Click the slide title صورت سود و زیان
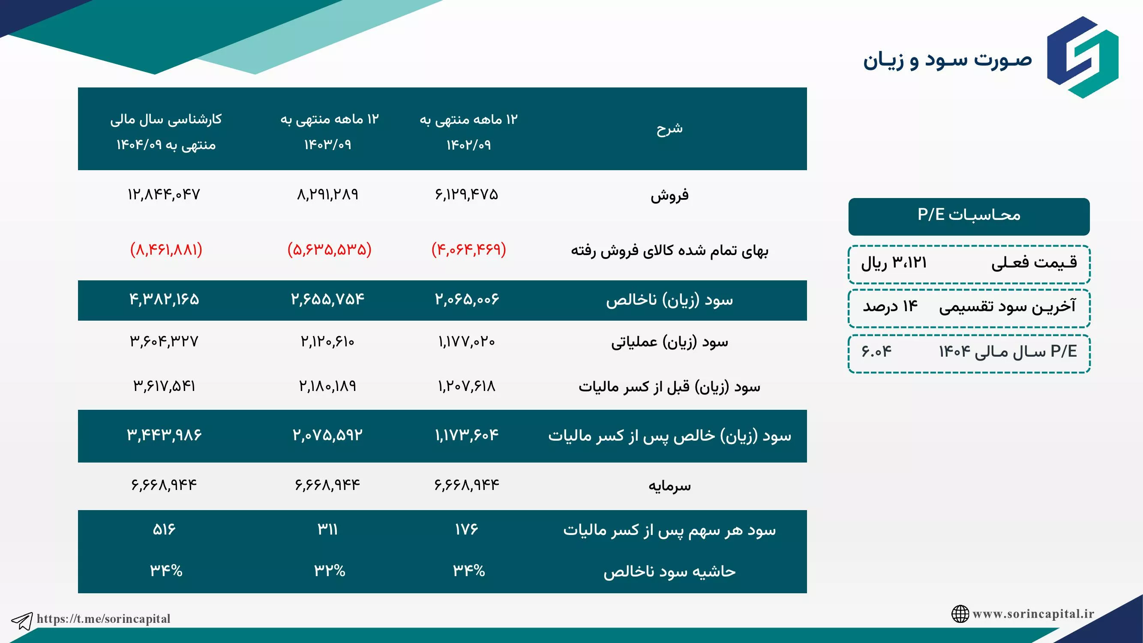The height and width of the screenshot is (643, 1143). point(947,60)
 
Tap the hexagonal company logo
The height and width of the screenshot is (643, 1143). point(1083,57)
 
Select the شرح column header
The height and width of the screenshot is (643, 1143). point(669,129)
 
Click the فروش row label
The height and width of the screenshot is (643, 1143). point(669,195)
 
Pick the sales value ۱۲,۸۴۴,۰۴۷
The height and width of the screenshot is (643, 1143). point(164,194)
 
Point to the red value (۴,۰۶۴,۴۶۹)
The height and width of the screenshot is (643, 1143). point(468,249)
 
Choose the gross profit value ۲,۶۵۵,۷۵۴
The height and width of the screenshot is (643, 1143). point(327,299)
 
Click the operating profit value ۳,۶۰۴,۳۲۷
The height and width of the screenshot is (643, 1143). point(164,341)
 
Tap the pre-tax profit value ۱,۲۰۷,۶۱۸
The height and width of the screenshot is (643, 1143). point(467,386)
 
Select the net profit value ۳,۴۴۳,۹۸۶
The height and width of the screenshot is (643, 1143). point(164,435)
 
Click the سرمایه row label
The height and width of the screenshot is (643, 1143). point(669,486)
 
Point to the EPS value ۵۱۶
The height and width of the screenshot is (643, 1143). point(164,529)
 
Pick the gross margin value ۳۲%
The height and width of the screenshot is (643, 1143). point(330,570)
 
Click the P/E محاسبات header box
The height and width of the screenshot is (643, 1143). point(969,216)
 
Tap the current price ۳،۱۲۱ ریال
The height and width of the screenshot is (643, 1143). point(894,263)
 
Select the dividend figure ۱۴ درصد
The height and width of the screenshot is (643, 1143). point(890,306)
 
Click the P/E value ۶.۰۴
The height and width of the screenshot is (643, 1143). point(876,352)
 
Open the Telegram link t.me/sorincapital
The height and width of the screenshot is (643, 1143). point(103,619)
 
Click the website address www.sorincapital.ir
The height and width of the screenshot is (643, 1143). point(1033,614)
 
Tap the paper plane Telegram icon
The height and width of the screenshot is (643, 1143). point(22,621)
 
